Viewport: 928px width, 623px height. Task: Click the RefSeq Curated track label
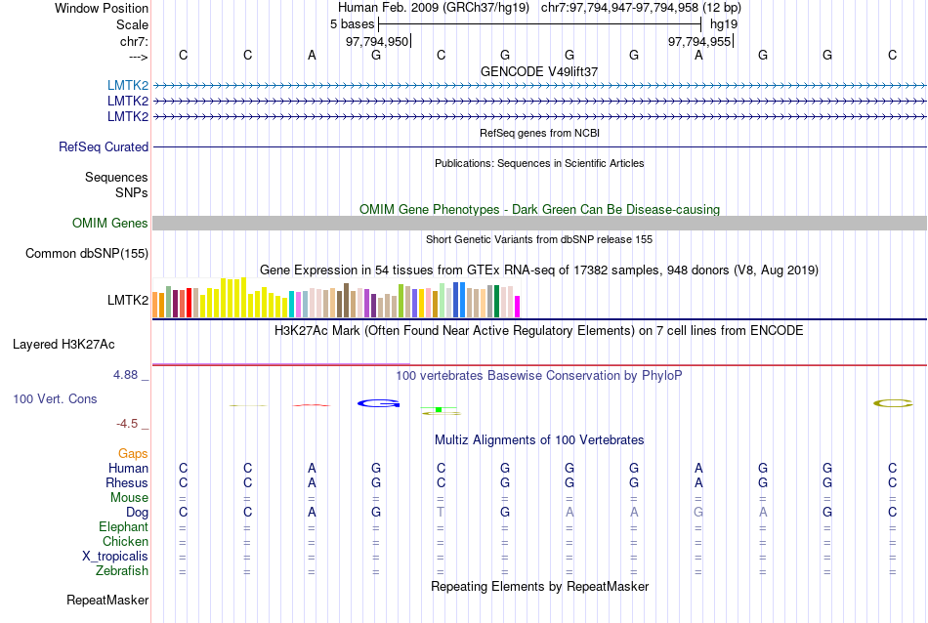pos(104,146)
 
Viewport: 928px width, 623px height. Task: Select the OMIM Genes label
pos(110,224)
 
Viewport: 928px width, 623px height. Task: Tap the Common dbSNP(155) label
pos(87,254)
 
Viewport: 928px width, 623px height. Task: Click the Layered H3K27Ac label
pos(63,344)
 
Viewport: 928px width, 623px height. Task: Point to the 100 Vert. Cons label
pos(55,398)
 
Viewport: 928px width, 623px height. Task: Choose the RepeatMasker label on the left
pos(107,600)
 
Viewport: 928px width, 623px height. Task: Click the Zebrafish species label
pos(122,571)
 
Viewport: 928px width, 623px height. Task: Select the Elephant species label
pos(123,527)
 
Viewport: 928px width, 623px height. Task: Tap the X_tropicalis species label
pos(115,557)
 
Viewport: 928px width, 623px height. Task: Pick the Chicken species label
pos(126,542)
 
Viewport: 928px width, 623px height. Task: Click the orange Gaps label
pos(133,454)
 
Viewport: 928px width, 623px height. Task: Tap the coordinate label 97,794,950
pos(377,41)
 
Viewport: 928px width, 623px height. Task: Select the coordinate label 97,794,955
pos(699,41)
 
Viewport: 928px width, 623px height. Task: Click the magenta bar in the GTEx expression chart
pos(518,306)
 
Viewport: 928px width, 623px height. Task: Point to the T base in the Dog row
pos(441,513)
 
